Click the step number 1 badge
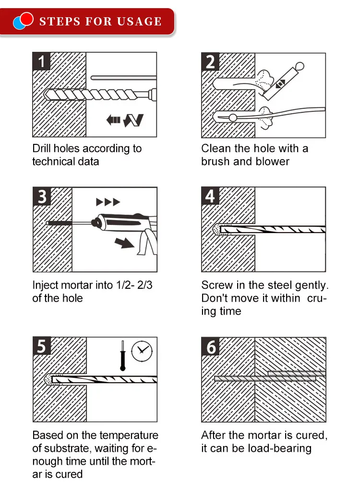[x=41, y=61]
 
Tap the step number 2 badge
[x=210, y=61]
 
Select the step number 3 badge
[x=42, y=196]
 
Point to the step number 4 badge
[x=210, y=196]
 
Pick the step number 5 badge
[x=42, y=346]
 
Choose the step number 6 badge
[x=210, y=347]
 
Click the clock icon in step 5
[x=142, y=351]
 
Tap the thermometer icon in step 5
[x=122, y=355]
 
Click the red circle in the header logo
[x=26, y=19]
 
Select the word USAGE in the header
[x=139, y=22]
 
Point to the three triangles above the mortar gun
[x=108, y=202]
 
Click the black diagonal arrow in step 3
[x=124, y=242]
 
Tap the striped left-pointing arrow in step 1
[x=113, y=120]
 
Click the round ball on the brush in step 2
[x=233, y=118]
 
